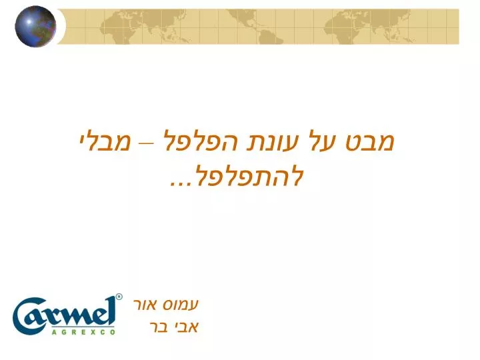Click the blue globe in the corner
35,26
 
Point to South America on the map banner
269,36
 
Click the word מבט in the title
370,142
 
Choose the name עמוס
181,305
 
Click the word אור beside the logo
145,305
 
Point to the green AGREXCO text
83,332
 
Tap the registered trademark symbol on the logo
119,297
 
